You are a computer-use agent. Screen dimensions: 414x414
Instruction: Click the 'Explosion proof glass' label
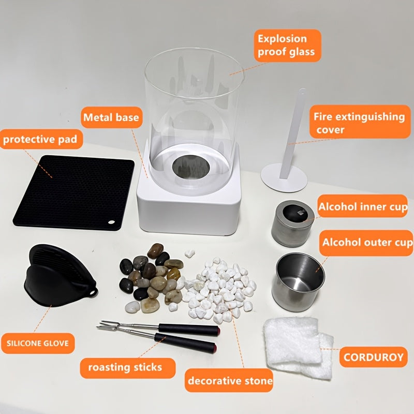pyautogui.click(x=288, y=46)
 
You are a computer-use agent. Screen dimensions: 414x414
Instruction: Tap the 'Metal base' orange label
pyautogui.click(x=111, y=117)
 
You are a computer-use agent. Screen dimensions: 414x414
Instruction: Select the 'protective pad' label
pyautogui.click(x=40, y=139)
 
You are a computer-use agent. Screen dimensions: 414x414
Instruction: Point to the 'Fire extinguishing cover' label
pyautogui.click(x=360, y=122)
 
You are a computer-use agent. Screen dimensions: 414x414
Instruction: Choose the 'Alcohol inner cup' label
pyautogui.click(x=363, y=206)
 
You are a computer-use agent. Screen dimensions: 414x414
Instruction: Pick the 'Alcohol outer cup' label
pyautogui.click(x=366, y=243)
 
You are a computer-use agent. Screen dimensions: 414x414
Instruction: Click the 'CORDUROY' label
pyautogui.click(x=373, y=357)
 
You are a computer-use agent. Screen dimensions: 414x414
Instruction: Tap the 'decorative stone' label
pyautogui.click(x=229, y=380)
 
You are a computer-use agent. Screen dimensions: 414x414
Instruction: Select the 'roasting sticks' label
pyautogui.click(x=127, y=367)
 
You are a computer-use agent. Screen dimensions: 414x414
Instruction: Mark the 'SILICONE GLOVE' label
pyautogui.click(x=38, y=343)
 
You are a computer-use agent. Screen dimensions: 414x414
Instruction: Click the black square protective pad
pyautogui.click(x=73, y=193)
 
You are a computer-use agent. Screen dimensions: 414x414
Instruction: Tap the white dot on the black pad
pyautogui.click(x=111, y=223)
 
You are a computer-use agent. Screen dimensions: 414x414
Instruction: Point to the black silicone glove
pyautogui.click(x=60, y=275)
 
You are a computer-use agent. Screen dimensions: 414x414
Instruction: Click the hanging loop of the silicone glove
pyautogui.click(x=93, y=292)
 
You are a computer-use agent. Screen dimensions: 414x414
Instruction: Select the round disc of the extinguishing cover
pyautogui.click(x=284, y=178)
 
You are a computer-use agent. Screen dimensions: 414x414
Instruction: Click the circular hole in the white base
pyautogui.click(x=191, y=167)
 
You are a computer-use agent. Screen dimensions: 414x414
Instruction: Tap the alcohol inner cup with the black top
pyautogui.click(x=293, y=224)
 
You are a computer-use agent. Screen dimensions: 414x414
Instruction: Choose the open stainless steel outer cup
pyautogui.click(x=299, y=282)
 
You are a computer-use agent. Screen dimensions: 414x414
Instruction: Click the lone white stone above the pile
pyautogui.click(x=189, y=254)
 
